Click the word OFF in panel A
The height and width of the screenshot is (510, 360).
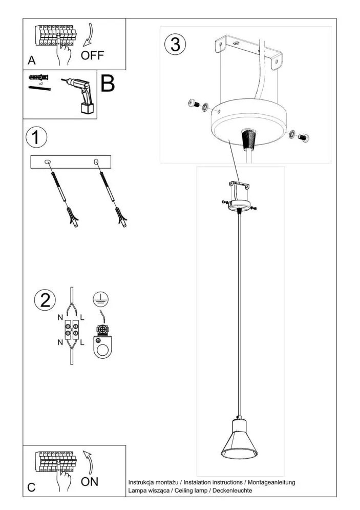92,55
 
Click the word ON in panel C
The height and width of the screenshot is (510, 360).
90,481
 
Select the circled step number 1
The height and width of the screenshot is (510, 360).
36,138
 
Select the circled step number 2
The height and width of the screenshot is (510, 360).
45,300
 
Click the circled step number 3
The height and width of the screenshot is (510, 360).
175,45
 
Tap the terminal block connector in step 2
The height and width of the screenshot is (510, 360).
71,329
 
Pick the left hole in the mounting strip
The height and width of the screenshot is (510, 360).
49,162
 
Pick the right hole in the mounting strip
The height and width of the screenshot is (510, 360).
96,162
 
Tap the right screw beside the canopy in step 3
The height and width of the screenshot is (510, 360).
302,136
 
